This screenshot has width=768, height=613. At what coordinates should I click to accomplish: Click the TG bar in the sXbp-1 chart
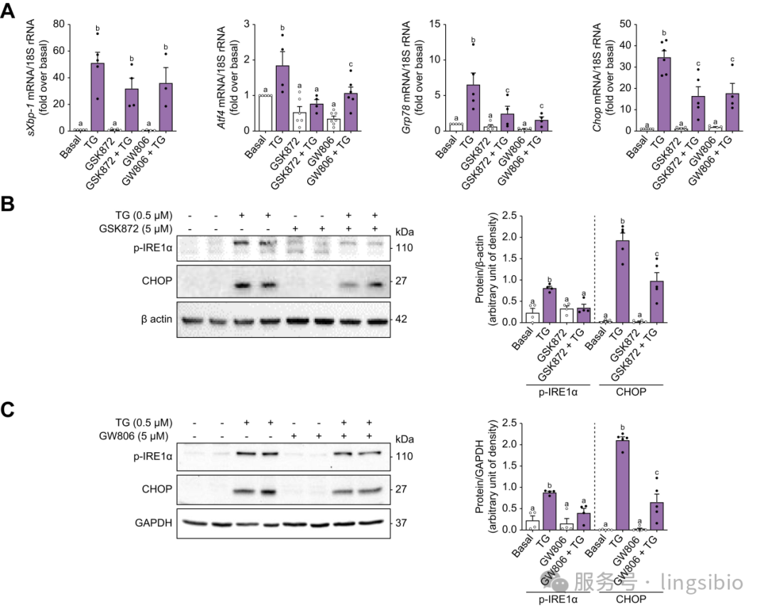click(x=97, y=97)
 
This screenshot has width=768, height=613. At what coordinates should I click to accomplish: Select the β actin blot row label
click(x=153, y=319)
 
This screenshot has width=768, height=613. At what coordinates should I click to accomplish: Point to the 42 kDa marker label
click(x=402, y=319)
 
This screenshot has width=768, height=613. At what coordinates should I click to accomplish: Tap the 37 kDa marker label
click(x=402, y=523)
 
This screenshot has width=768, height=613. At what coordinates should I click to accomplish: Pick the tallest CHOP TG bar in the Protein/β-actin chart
click(x=623, y=281)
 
